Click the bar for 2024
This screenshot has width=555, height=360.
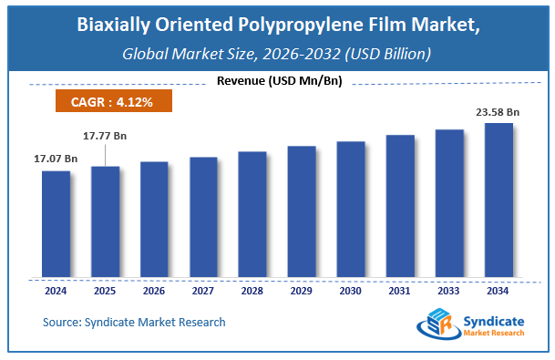56,224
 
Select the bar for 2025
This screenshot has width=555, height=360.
105,221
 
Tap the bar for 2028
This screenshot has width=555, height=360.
252,214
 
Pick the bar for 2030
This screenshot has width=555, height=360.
351,210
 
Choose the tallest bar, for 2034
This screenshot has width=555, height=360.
498,201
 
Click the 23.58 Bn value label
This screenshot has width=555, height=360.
498,113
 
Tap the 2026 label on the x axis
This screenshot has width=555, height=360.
154,291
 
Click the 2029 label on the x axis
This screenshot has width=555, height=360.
302,291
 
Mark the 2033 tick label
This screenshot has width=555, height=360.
449,291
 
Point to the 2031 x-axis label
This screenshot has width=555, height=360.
400,291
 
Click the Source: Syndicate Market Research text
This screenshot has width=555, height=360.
134,322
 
